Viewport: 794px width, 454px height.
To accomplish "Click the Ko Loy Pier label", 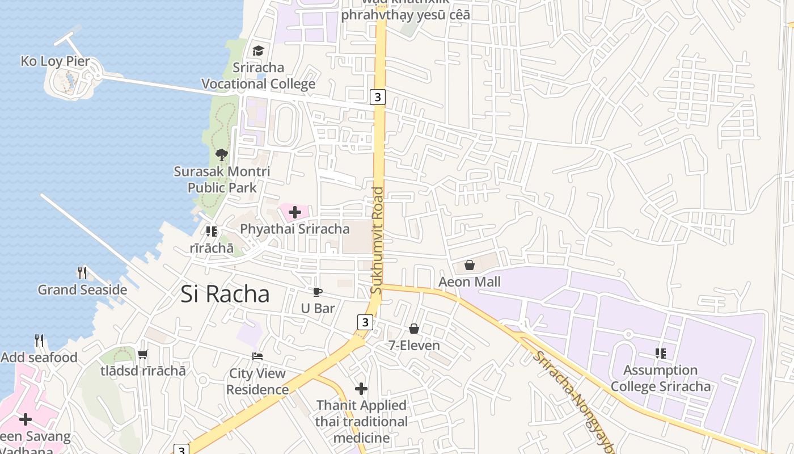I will coord(56,61).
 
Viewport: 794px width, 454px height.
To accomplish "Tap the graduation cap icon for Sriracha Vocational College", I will coord(259,51).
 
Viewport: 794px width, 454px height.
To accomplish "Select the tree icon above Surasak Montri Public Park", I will coord(222,154).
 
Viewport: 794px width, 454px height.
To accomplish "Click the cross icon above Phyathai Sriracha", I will coord(295,213).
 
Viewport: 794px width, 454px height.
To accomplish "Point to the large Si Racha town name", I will coord(225,294).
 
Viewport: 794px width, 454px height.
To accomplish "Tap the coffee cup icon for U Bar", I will coord(318,292).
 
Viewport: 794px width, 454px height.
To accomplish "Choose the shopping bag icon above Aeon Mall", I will coord(470,265).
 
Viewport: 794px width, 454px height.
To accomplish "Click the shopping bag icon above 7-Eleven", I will coord(414,329).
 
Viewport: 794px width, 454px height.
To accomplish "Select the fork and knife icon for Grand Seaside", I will coord(82,273).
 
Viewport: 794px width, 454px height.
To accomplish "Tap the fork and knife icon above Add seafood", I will coord(39,340).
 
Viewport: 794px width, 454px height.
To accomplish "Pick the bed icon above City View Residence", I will coord(257,356).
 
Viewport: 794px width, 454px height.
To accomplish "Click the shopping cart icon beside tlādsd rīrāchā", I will coord(142,355).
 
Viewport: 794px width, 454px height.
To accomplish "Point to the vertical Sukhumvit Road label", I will coord(377,241).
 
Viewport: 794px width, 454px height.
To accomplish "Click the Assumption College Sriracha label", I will coord(660,379).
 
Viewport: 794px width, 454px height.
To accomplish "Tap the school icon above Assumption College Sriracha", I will coord(661,354).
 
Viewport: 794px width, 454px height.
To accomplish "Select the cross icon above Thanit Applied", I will coord(361,389).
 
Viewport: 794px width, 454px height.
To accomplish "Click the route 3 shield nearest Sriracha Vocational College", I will coord(378,97).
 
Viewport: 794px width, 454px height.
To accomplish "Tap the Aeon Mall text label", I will coord(470,282).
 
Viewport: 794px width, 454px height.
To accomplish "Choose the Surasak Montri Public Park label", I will coord(222,179).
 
